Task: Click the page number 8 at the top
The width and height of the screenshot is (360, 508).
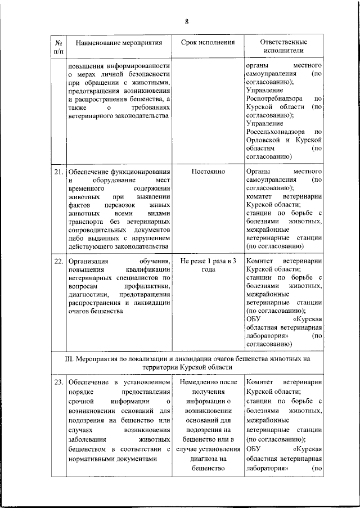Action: pyautogui.click(x=186, y=21)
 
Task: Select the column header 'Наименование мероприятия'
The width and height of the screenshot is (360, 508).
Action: pyautogui.click(x=119, y=43)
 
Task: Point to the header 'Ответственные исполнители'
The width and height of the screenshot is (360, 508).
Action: pyautogui.click(x=283, y=47)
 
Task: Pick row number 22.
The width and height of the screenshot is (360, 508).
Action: pyautogui.click(x=58, y=261)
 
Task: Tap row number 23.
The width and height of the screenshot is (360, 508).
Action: pyautogui.click(x=58, y=383)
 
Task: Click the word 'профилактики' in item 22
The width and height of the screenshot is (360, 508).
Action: pyautogui.click(x=148, y=286)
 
